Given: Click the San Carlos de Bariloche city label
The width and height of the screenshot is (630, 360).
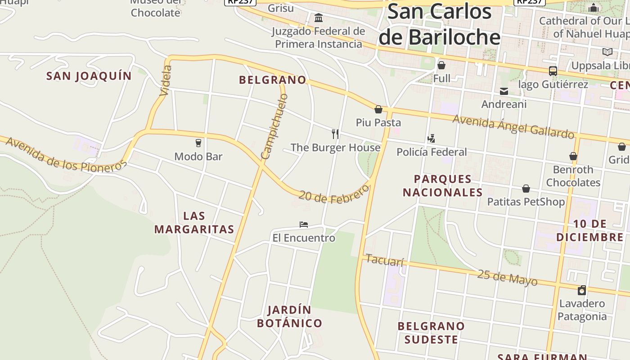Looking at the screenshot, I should (439, 24).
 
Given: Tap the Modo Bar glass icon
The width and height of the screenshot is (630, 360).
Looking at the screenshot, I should (198, 143).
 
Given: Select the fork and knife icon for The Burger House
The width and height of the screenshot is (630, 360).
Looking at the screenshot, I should (335, 134).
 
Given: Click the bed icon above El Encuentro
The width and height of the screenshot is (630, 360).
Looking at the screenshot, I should (304, 224).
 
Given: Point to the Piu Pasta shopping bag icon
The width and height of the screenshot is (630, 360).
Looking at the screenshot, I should (378, 109).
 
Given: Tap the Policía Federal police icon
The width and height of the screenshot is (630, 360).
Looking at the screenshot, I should (432, 138).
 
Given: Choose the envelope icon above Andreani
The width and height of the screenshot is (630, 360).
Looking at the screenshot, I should (504, 91).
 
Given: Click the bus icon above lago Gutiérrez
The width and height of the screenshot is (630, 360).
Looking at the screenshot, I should (553, 71).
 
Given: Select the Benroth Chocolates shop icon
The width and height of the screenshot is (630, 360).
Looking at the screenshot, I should (573, 156).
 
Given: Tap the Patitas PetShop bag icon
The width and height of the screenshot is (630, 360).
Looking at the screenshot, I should (526, 189).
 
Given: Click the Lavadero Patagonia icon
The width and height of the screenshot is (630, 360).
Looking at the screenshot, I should (582, 290).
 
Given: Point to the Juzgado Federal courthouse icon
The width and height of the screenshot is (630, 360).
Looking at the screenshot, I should (319, 18).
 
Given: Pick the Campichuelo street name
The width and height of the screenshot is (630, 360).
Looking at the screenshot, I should (274, 126).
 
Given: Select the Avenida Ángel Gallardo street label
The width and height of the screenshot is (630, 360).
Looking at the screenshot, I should (513, 126).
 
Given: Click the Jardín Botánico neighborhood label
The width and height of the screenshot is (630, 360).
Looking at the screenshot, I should (290, 316).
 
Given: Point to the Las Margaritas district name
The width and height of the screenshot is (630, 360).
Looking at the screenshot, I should (194, 222).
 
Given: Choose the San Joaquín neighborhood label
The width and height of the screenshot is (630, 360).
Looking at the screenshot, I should (89, 76).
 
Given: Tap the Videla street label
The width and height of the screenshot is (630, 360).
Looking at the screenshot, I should (165, 81).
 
